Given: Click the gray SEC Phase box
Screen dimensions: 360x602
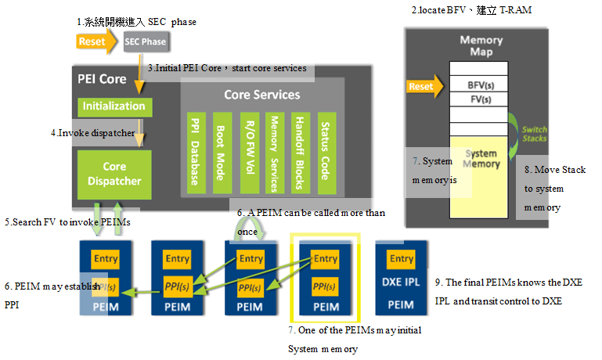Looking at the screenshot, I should coord(146,41).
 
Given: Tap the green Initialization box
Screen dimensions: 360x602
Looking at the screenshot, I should coord(114,106).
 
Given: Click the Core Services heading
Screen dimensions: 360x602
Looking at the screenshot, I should coord(261,95).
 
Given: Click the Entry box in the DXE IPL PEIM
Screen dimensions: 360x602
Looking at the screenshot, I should coord(402,259).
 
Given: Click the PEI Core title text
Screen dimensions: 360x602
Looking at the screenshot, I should coord(102,79).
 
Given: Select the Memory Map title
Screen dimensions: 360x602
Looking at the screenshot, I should coord(481,46).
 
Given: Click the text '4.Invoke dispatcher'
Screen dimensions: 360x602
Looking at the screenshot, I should coord(93,132).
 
